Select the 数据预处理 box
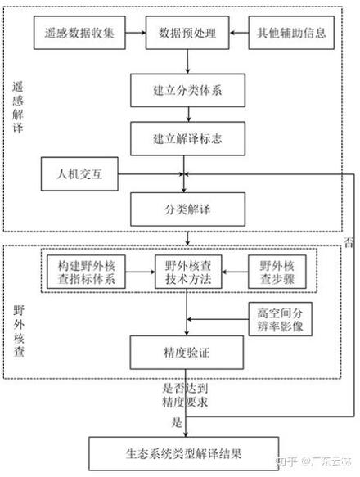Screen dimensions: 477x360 pyautogui.click(x=187, y=34)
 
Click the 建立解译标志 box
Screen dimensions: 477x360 pyautogui.click(x=187, y=139)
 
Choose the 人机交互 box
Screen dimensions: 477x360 pyautogui.click(x=80, y=173)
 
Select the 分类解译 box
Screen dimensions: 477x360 pyautogui.click(x=187, y=209)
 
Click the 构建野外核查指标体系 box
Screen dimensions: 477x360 pyautogui.click(x=85, y=275)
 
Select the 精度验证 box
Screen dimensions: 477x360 pyautogui.click(x=187, y=353)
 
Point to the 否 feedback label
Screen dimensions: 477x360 pyautogui.click(x=349, y=242)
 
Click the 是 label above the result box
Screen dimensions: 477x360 pyautogui.click(x=174, y=423)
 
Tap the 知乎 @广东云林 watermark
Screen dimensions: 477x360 pyautogui.click(x=315, y=463)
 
